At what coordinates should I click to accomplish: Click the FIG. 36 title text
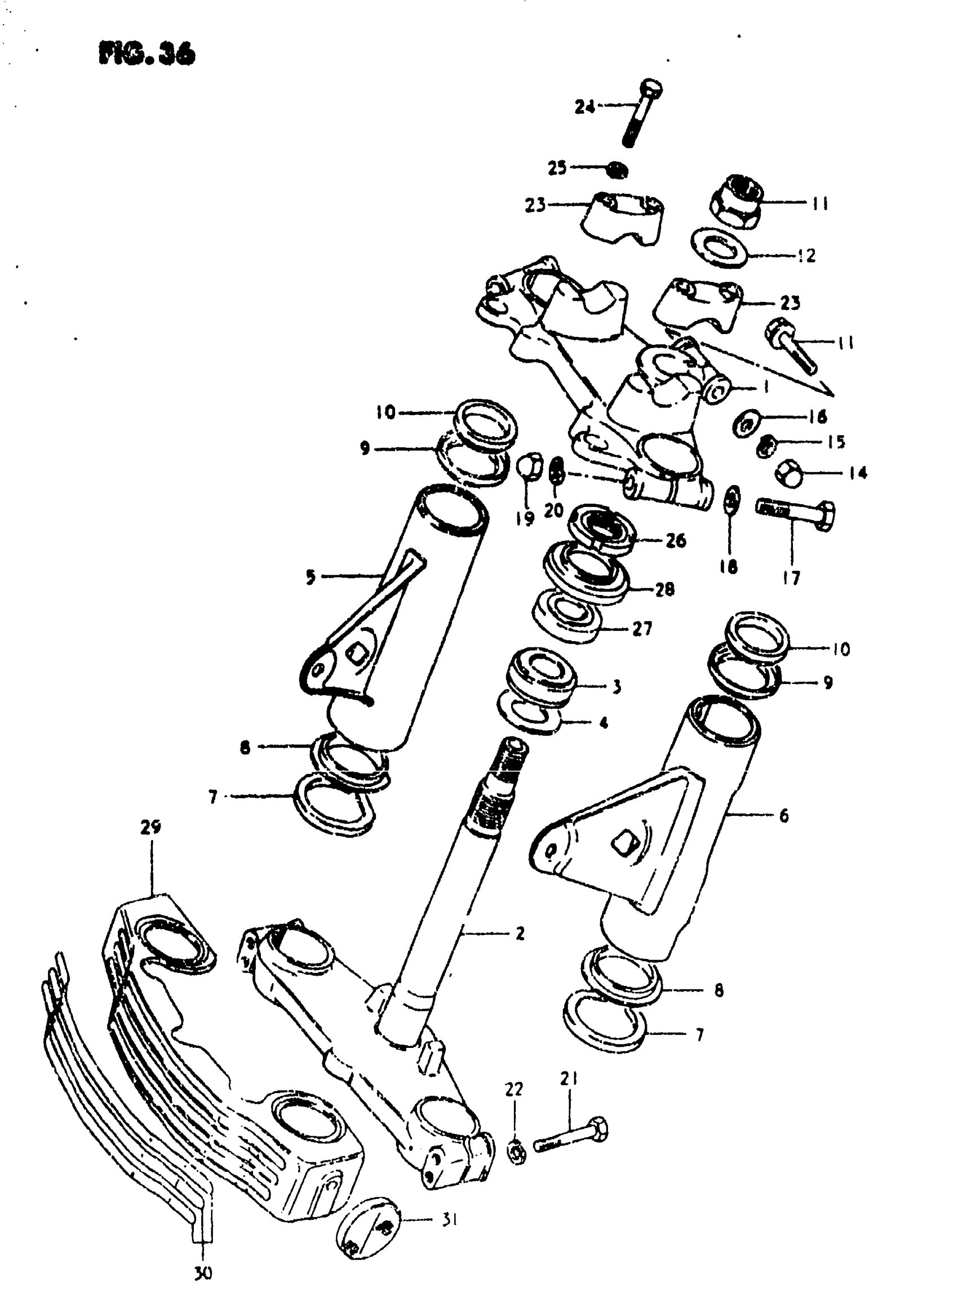coord(147,54)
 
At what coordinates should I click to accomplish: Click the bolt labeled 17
coord(798,513)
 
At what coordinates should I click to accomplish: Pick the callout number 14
coord(858,473)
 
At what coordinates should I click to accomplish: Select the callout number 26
coord(676,540)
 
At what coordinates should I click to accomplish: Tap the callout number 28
coord(664,589)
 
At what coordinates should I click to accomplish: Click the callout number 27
coord(642,629)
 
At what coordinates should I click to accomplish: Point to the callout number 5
coord(311,577)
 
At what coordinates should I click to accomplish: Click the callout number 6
coord(783,816)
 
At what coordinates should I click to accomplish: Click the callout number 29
coord(150,827)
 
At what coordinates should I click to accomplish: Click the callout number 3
coord(617,687)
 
